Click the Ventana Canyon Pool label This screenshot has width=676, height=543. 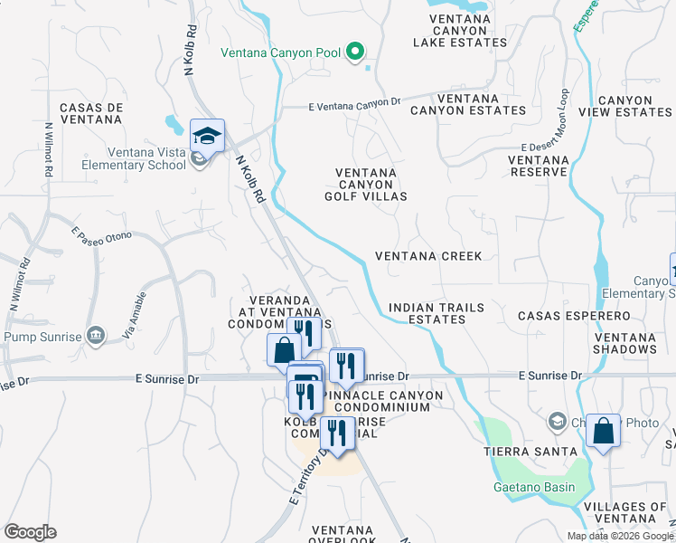[x=281, y=52]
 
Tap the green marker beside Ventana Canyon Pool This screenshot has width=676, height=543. [x=356, y=52]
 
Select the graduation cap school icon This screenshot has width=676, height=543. [x=207, y=137]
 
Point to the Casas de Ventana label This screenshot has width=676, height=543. [x=90, y=113]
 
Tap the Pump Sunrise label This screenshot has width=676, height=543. [x=42, y=337]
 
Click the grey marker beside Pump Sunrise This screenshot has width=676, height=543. [x=97, y=337]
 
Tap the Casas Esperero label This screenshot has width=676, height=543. [x=573, y=316]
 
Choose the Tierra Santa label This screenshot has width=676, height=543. [x=530, y=451]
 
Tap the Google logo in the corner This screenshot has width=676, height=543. [x=30, y=532]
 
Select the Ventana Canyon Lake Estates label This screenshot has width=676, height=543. [x=459, y=30]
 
